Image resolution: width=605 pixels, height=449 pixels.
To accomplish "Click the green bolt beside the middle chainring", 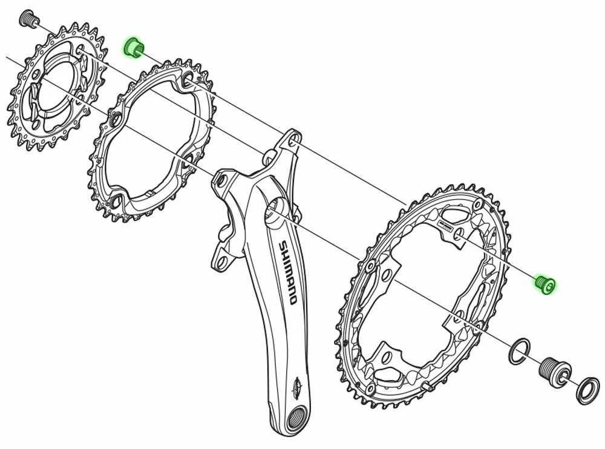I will coord(133,47).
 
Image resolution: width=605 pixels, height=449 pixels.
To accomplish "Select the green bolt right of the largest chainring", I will coord(545,283).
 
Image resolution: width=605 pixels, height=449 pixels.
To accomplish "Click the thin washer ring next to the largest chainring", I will coord(519,352).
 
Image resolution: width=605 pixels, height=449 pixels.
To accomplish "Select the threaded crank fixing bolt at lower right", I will coord(554,367).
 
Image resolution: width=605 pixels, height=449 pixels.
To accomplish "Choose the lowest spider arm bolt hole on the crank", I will coord(221,261).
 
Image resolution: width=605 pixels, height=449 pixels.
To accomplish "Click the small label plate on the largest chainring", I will coord(445,227).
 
